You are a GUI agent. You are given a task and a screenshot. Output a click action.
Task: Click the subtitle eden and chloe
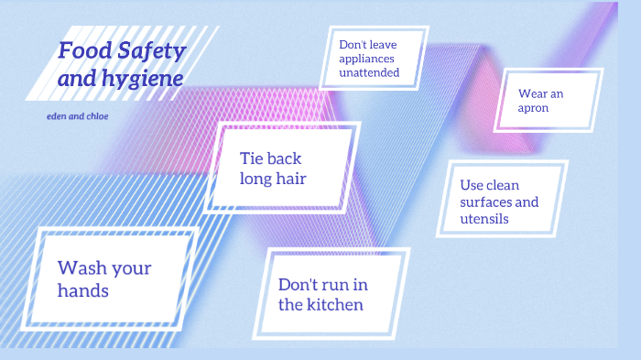pyautogui.click(x=77, y=117)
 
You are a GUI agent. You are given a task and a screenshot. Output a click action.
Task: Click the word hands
pyautogui.click(x=82, y=291)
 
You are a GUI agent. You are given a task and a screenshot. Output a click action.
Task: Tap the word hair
pyautogui.click(x=289, y=179)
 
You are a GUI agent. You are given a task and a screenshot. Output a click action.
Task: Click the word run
pyautogui.click(x=340, y=284)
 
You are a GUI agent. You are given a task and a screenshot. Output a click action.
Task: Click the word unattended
pyautogui.click(x=369, y=71)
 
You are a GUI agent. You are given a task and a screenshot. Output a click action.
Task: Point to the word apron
pyautogui.click(x=534, y=107)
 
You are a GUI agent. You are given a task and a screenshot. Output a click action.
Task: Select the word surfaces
pyautogui.click(x=499, y=202)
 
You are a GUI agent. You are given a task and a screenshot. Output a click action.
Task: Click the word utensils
pyautogui.click(x=484, y=220)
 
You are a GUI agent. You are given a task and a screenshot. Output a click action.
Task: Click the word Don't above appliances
pyautogui.click(x=353, y=43)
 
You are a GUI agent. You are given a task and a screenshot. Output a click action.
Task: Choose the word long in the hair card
pyautogui.click(x=256, y=179)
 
